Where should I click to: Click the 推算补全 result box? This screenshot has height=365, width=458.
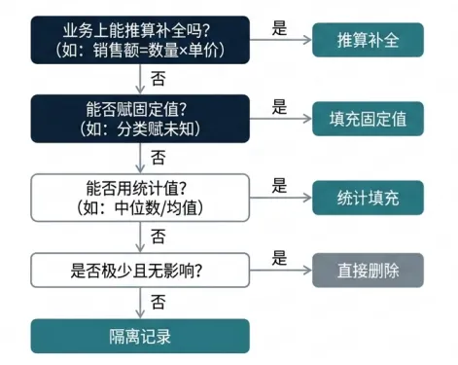point(368,40)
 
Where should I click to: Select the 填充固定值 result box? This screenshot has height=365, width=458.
point(368,119)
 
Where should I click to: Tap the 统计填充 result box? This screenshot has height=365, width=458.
point(368,198)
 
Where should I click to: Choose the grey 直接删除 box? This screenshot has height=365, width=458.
point(368,271)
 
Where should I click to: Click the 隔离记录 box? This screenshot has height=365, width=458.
point(140,336)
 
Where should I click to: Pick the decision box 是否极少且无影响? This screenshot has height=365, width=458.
point(140,271)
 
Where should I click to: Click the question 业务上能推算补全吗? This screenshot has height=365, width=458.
point(136,31)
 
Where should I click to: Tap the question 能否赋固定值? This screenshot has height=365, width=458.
point(136,109)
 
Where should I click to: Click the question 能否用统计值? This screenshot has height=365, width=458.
point(136,188)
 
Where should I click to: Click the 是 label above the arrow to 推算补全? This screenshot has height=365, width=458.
point(279,28)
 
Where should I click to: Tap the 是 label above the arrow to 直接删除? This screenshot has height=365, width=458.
point(279,258)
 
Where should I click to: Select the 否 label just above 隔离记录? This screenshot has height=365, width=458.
point(159,302)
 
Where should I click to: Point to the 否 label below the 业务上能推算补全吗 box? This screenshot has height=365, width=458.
point(159,79)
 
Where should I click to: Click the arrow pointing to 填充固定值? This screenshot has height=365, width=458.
point(281,119)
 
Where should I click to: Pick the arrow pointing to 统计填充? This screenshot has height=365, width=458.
point(281,198)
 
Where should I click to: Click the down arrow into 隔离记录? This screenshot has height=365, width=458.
point(140,303)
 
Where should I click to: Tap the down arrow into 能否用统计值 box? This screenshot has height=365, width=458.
point(140,158)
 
